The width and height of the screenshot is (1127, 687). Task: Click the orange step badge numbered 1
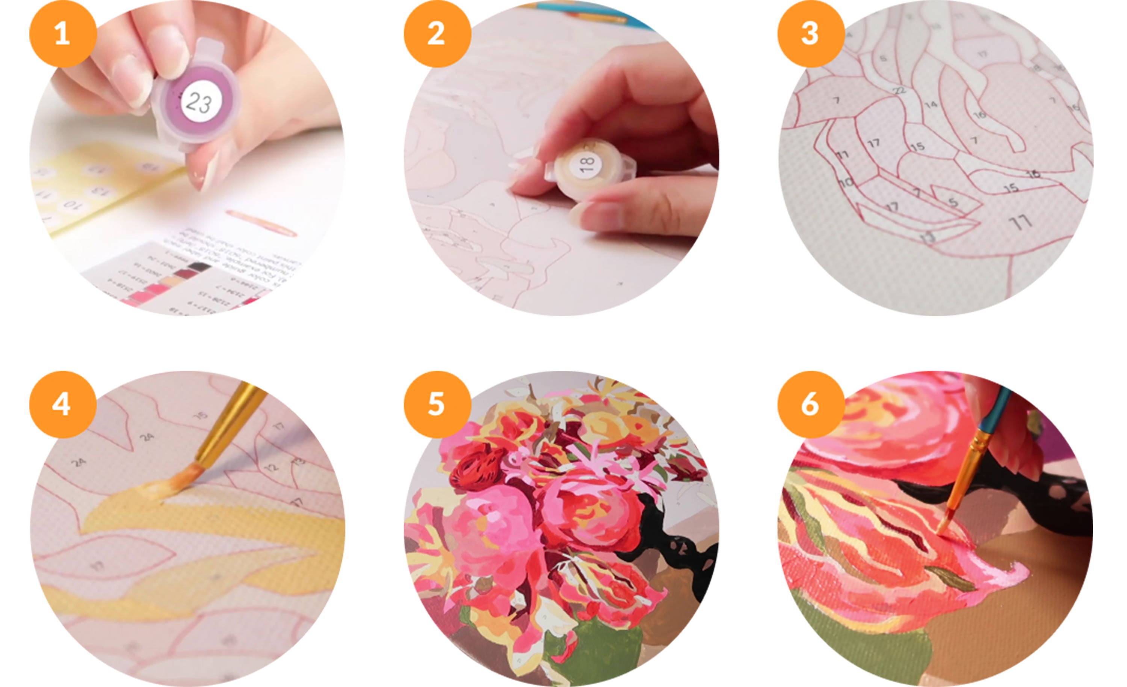(63, 33)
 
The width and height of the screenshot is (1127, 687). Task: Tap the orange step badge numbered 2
(437, 33)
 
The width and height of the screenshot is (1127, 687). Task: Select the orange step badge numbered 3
(810, 33)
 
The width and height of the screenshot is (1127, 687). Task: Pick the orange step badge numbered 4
(63, 404)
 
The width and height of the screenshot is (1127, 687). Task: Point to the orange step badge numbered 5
(437, 404)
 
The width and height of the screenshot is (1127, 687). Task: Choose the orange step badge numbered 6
(810, 404)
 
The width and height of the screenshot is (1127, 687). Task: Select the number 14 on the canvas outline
(930, 105)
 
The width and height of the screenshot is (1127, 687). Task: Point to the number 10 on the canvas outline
(846, 182)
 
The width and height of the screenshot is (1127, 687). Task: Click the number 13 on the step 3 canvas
(928, 237)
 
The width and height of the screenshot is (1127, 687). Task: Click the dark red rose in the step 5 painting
(471, 470)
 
